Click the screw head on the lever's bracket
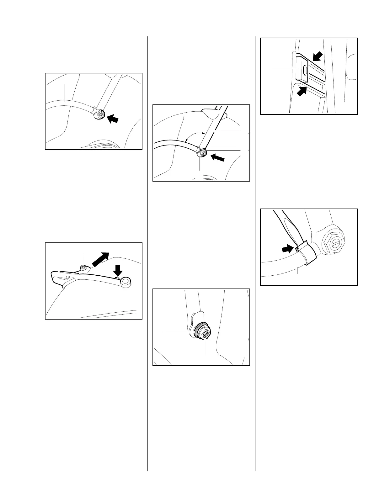click(x=83, y=267)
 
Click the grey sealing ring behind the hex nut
click(x=198, y=331)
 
